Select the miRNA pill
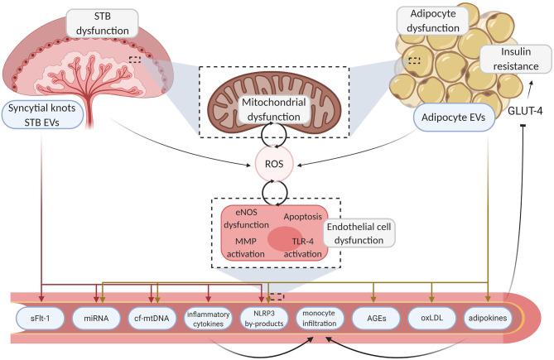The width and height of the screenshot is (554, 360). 99,317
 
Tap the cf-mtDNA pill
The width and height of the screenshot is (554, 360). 155,317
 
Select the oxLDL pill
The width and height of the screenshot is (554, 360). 431,317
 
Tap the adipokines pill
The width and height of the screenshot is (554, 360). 487,317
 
